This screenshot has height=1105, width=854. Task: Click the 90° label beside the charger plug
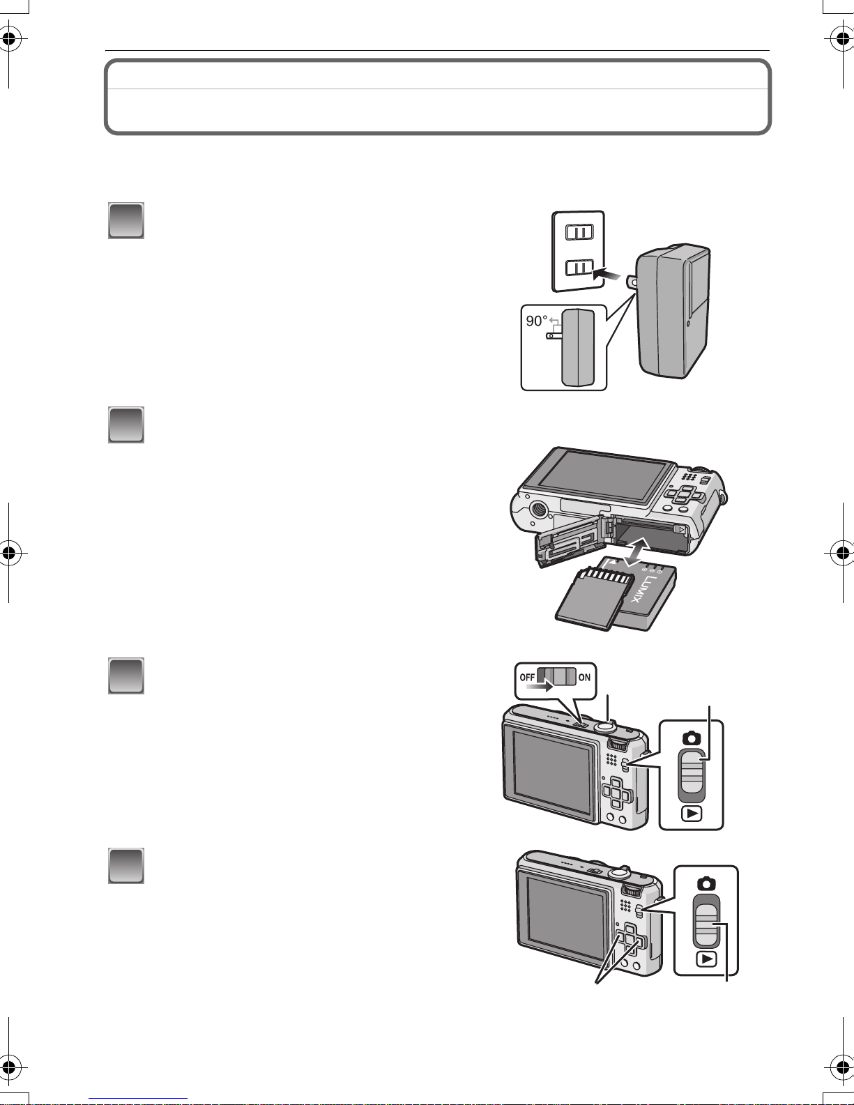coord(536,321)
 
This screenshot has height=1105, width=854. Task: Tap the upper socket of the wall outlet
coord(579,232)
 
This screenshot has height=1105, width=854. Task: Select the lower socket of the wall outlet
coord(579,268)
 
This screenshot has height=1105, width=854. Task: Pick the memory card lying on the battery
coord(594,600)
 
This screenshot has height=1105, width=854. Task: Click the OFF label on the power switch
coord(527,678)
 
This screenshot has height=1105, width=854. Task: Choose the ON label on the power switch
coord(584,678)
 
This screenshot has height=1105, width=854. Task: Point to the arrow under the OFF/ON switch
coord(540,687)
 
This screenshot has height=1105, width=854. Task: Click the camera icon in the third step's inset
coord(692,738)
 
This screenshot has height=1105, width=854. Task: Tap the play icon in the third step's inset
coord(692,814)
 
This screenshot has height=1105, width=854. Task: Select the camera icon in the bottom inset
coord(706,883)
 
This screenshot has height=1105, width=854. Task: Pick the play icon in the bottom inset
coord(706,959)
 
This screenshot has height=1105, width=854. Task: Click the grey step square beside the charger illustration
coord(126,221)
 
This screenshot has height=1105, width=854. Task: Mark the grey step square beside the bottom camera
coord(126,865)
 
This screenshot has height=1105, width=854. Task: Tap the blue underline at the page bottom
coord(138,1099)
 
